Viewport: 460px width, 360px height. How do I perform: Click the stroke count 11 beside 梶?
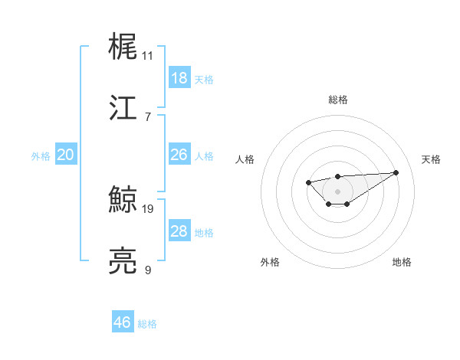[x=148, y=56]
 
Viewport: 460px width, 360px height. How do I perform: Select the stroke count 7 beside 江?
[x=148, y=116]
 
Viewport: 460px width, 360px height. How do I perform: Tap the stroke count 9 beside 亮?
[x=148, y=270]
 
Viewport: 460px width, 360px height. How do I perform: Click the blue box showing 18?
[x=179, y=78]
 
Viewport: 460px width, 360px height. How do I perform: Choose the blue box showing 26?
[x=179, y=155]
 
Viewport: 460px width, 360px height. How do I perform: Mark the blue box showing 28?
[x=179, y=231]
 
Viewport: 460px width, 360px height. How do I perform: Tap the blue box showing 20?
[x=66, y=155]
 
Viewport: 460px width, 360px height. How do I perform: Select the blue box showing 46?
[x=122, y=322]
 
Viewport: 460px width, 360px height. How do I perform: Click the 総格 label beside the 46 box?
[x=147, y=324]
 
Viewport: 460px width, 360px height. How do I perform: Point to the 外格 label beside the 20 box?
[x=41, y=156]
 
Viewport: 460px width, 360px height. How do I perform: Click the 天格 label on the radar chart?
[x=431, y=159]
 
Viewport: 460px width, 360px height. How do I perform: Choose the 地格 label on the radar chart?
[x=402, y=262]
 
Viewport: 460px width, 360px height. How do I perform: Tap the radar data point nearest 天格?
[x=396, y=172]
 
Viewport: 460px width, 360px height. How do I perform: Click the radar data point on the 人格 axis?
[x=308, y=182]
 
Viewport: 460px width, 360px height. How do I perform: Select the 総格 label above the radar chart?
[x=337, y=100]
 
